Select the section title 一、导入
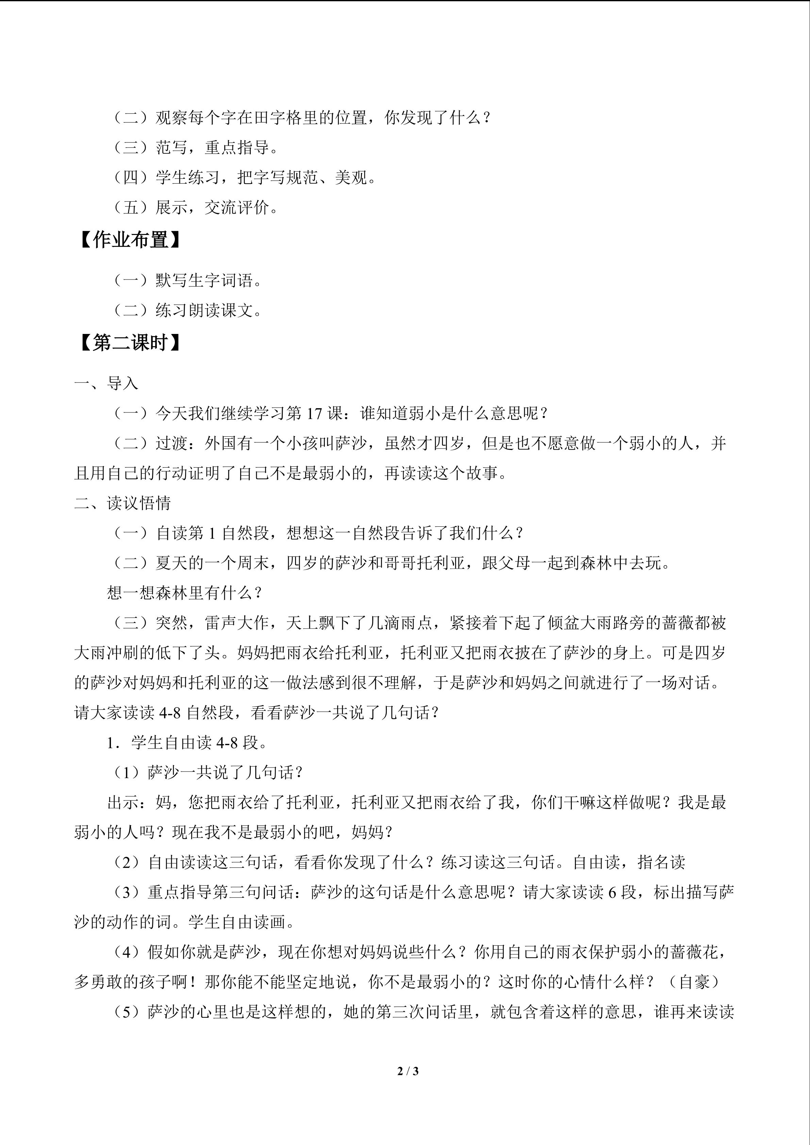tap(106, 384)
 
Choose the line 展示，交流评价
tap(217, 207)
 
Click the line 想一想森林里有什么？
tap(184, 593)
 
